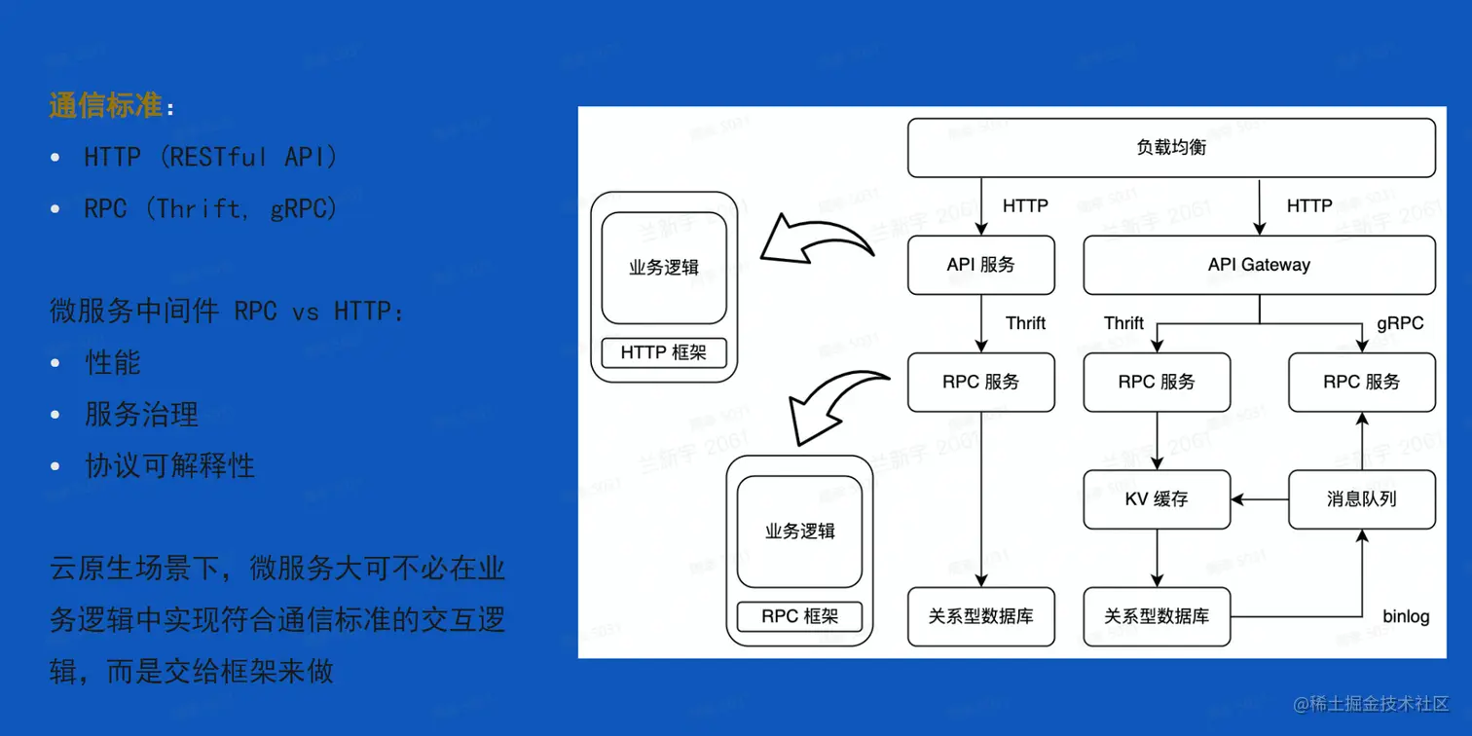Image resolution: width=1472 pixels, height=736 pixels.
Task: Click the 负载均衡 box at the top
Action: click(1171, 148)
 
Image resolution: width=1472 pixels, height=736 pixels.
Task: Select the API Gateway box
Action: click(1259, 265)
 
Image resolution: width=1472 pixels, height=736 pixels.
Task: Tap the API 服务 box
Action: click(980, 265)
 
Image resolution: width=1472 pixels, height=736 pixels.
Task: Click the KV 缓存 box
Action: click(1157, 499)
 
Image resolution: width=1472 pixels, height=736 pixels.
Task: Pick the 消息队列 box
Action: click(1361, 499)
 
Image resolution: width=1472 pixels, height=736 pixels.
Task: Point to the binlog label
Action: click(1406, 616)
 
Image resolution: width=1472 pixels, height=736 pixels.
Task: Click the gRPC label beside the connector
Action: click(1400, 323)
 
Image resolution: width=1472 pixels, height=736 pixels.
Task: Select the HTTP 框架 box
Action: click(664, 352)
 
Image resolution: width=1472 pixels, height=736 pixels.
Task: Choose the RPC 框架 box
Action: click(799, 616)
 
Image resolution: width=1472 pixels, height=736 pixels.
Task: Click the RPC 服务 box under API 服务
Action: click(980, 383)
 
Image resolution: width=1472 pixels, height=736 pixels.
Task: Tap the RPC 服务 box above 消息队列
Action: click(1361, 383)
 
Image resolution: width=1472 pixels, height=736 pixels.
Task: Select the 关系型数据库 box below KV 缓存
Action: click(1157, 616)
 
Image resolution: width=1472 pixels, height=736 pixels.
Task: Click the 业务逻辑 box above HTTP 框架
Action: click(664, 268)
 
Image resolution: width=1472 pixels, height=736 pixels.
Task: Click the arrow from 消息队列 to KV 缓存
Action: click(1260, 499)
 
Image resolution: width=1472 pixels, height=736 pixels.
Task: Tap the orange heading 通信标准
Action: click(105, 105)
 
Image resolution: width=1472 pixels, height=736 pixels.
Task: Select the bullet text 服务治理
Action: click(142, 415)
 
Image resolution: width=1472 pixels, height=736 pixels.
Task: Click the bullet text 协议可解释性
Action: click(170, 466)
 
